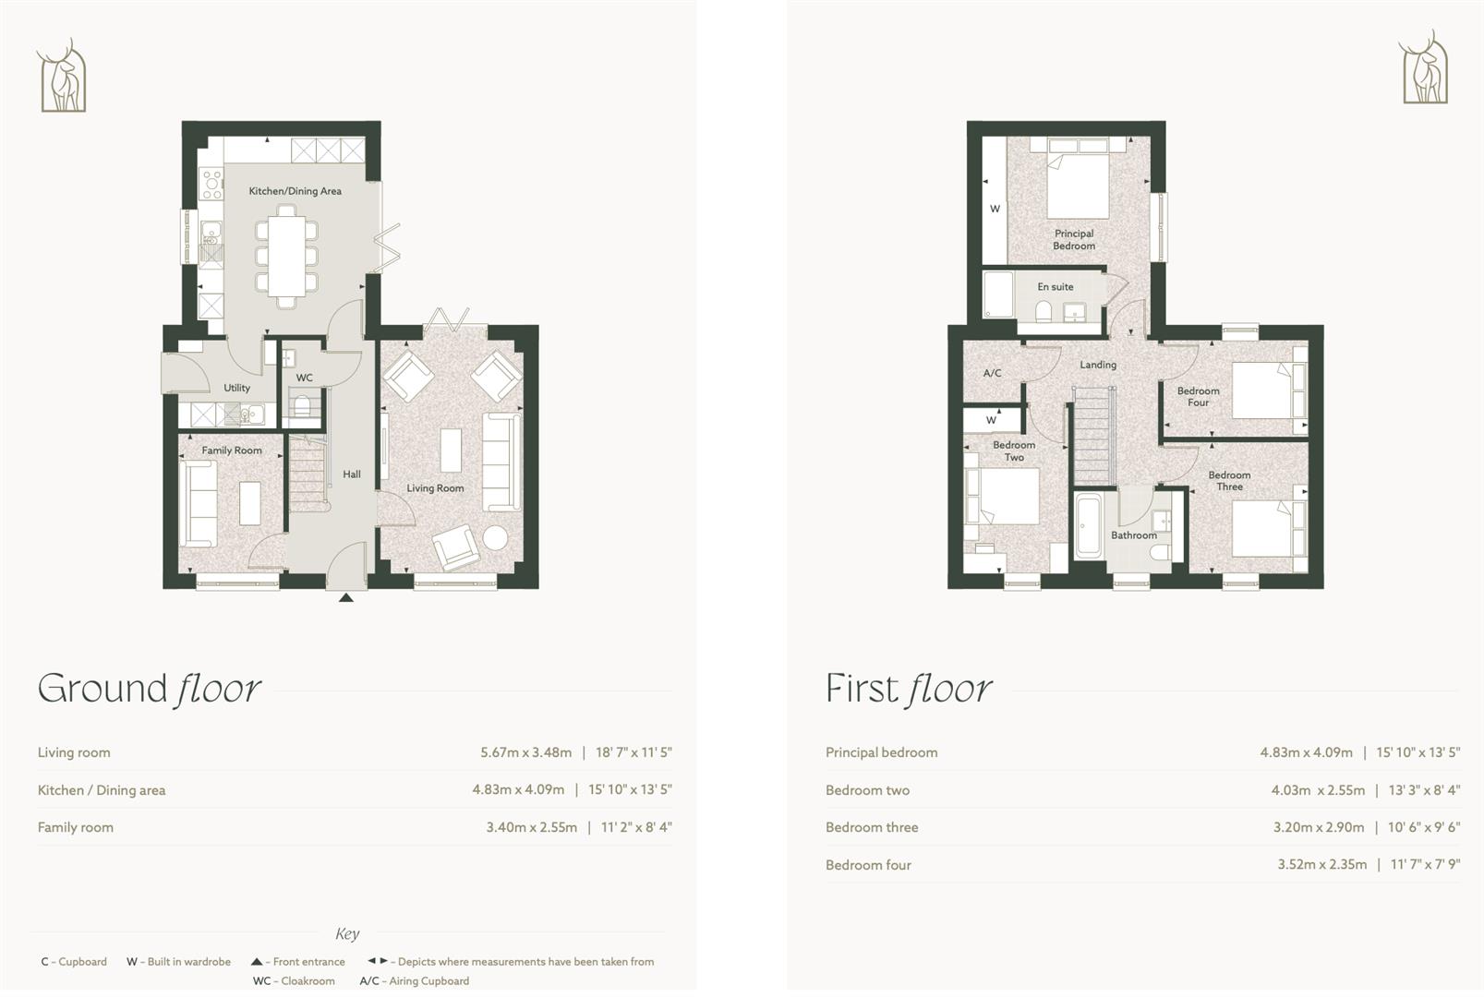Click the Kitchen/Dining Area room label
tap(295, 191)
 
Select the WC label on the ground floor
tap(304, 378)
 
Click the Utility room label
tap(236, 388)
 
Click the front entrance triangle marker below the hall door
tap(346, 598)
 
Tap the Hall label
tap(352, 474)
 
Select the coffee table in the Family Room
tap(250, 503)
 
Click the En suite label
tap(1055, 287)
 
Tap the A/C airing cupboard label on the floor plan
tap(992, 374)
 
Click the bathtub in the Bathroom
tap(1088, 525)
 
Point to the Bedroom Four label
tap(1198, 397)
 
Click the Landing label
tap(1098, 365)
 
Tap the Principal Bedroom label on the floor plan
tap(1074, 240)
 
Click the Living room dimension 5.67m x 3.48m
tap(525, 752)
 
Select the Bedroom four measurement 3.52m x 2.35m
tap(1321, 865)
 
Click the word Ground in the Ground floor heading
tap(102, 689)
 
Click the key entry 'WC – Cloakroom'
tap(294, 981)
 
